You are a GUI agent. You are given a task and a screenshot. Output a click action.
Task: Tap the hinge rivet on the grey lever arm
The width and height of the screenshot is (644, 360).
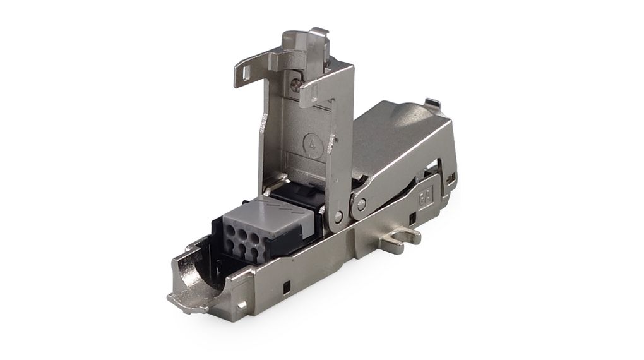[361, 204]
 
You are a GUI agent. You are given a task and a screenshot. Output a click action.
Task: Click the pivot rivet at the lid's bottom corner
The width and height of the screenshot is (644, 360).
[339, 217]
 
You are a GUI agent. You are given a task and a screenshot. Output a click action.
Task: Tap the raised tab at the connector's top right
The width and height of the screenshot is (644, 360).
[432, 102]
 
